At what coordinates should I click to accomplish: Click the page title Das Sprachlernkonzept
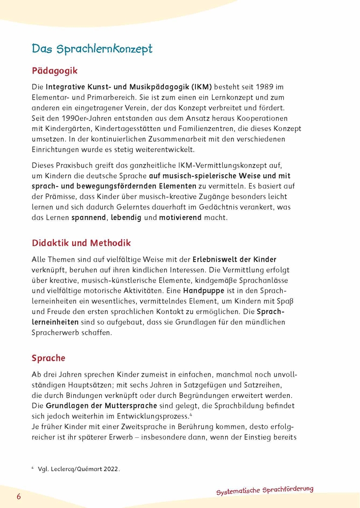pos(92,49)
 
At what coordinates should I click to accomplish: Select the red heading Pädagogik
pos(54,70)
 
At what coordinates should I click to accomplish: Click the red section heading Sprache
pos(48,358)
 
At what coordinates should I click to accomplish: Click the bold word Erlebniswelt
pos(220,260)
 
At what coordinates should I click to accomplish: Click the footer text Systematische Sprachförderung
pos(264,490)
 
